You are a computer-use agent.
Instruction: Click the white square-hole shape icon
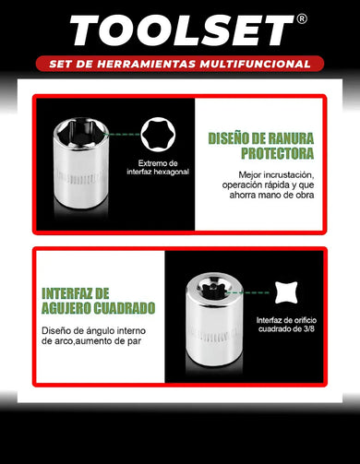pos(292,292)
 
